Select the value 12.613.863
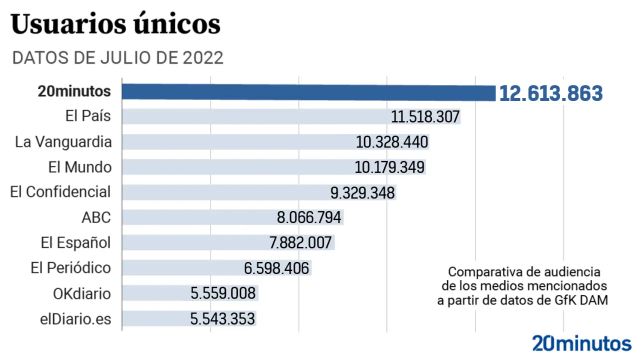tap(550, 93)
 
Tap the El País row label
tap(88, 116)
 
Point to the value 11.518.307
tap(425, 117)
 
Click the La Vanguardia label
tap(63, 142)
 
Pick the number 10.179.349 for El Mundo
tap(389, 167)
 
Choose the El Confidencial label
tap(60, 192)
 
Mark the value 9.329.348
tap(362, 192)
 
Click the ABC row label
tap(96, 217)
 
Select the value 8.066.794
tap(309, 217)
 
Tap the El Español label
tap(75, 243)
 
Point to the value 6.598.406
tap(276, 268)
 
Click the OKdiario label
tap(82, 293)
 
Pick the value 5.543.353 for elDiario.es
tap(222, 319)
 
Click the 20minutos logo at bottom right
tap(581, 344)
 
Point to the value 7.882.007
tap(300, 243)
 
